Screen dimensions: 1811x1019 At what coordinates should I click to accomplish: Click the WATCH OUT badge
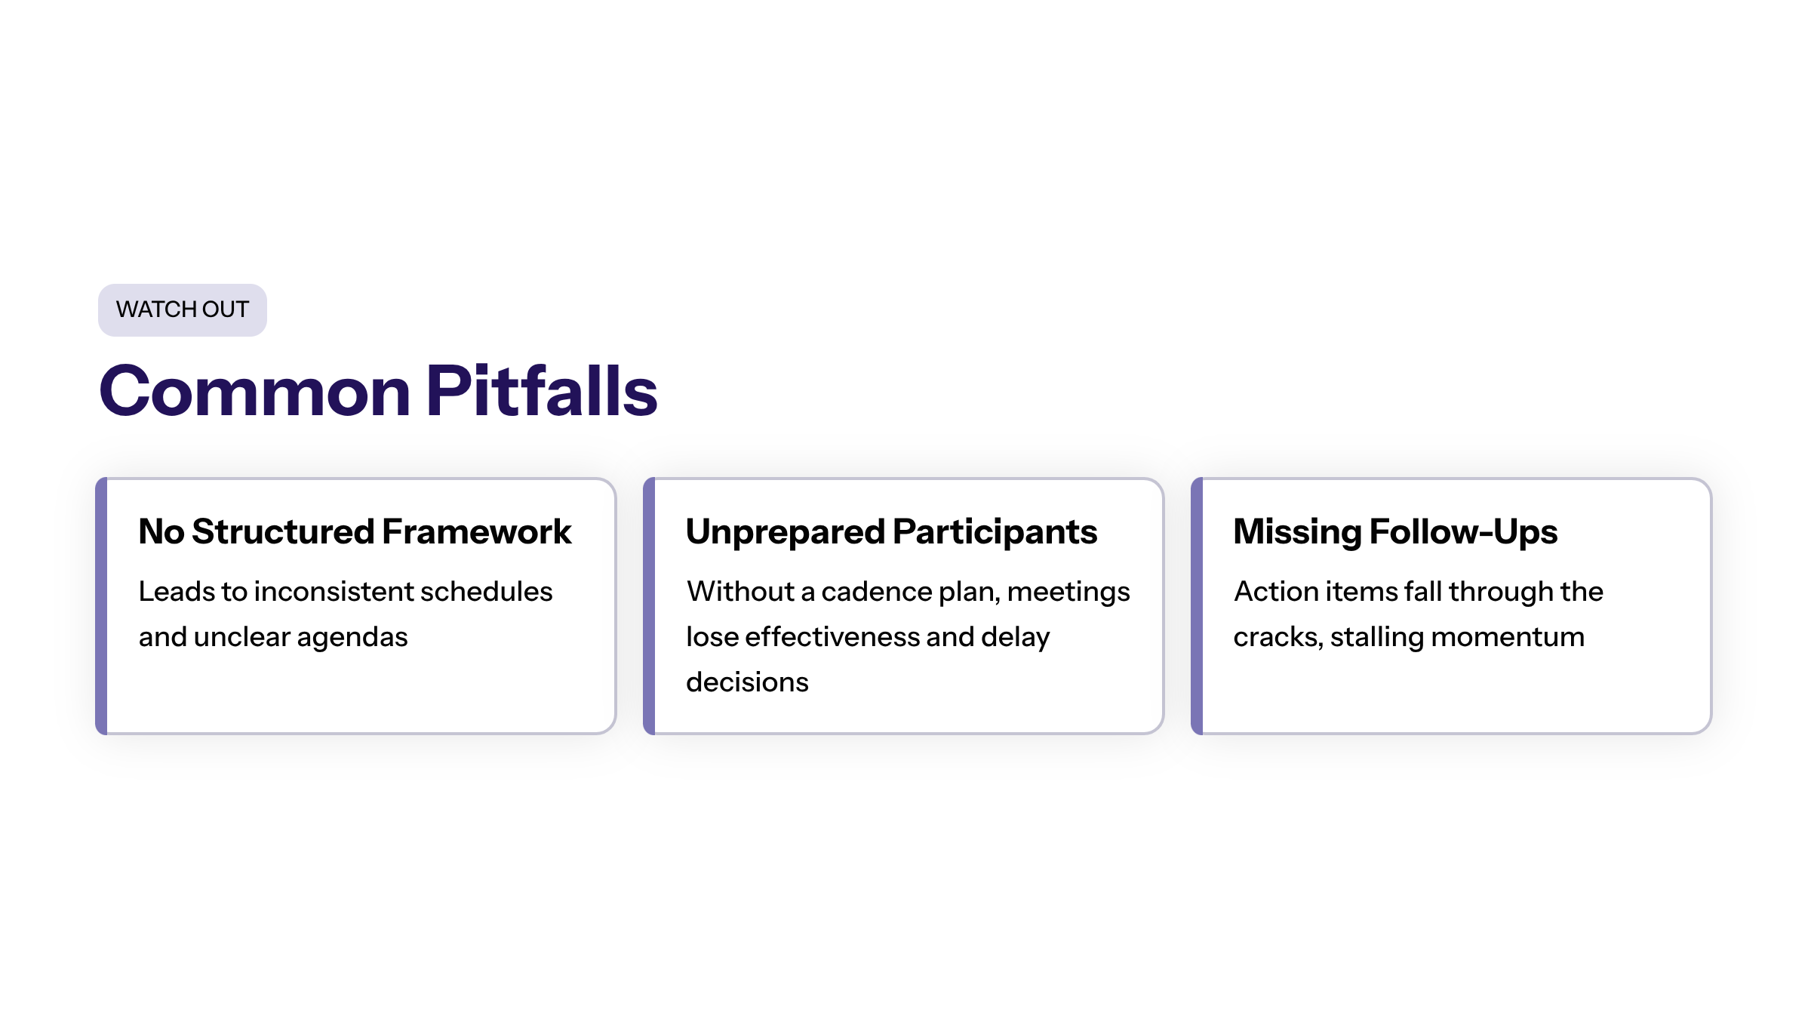pos(183,309)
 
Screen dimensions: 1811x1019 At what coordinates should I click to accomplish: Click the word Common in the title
pos(255,391)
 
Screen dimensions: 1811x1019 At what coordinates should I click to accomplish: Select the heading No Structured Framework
pos(355,531)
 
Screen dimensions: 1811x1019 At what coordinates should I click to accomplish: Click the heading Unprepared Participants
pos(891,532)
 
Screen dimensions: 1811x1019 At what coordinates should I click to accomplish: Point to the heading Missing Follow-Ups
pos(1395,532)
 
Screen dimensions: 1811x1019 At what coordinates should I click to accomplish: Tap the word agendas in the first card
pos(352,638)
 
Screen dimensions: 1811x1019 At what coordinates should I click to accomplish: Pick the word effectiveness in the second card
pos(832,636)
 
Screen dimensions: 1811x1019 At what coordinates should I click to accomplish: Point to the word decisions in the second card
pos(747,682)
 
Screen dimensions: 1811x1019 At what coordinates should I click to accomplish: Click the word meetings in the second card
pos(1068,593)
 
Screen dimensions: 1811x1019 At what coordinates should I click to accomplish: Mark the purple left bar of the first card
pos(102,606)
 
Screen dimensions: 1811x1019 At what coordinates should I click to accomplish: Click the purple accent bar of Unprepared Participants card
pos(650,606)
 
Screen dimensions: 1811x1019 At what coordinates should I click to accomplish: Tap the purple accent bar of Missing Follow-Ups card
pos(1198,606)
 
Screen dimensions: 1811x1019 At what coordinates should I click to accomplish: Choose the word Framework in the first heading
pos(477,531)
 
